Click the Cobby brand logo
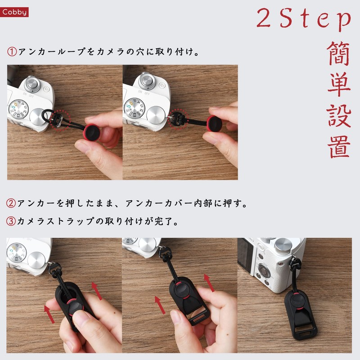point(15,13)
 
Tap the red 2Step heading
point(304,19)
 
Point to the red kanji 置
point(339,146)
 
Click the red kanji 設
point(339,116)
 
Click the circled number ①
point(12,52)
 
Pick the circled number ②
point(12,203)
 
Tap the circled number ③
point(12,221)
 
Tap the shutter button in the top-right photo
point(147,82)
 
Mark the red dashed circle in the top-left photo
point(60,119)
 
